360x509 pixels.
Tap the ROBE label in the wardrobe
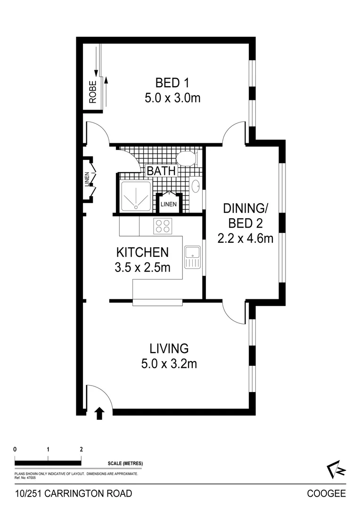[x=93, y=92]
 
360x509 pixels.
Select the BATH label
[x=161, y=171]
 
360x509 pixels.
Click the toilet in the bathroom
[x=186, y=158]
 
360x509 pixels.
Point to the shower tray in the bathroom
[x=136, y=196]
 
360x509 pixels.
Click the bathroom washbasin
[x=196, y=187]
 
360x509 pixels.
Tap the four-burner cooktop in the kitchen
[x=163, y=226]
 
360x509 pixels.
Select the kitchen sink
[x=192, y=257]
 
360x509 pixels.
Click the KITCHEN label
[x=142, y=252]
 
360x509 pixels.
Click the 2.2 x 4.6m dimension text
[x=245, y=238]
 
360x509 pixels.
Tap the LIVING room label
[x=169, y=349]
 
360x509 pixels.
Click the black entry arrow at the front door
[x=99, y=413]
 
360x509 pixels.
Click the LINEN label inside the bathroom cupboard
[x=169, y=204]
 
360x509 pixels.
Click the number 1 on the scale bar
[x=49, y=449]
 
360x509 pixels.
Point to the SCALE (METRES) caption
[x=125, y=464]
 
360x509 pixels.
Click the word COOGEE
[x=326, y=494]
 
